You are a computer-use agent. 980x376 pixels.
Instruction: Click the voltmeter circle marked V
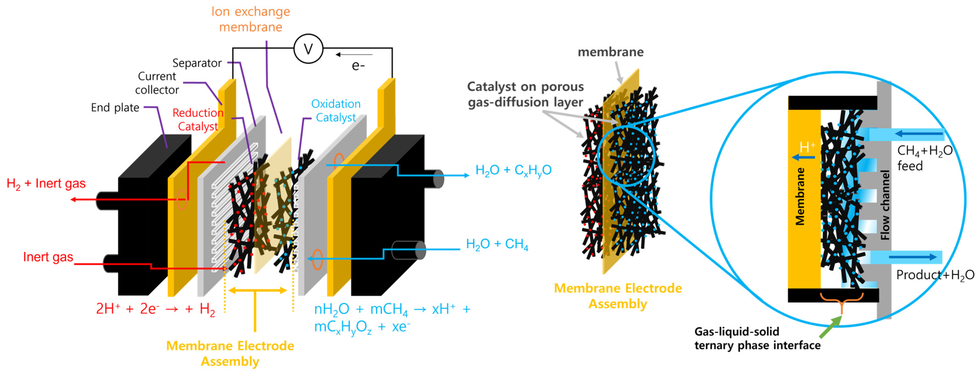(308, 49)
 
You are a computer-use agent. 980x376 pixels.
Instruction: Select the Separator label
(197, 63)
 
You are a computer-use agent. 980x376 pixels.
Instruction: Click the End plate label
(115, 108)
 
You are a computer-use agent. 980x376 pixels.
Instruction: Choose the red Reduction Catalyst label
(198, 120)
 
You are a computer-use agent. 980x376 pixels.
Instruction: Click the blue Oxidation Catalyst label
(335, 110)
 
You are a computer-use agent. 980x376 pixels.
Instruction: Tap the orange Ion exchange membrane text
(250, 19)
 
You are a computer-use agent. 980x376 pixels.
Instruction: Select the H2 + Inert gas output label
(46, 184)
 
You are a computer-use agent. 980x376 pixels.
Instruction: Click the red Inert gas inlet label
(48, 257)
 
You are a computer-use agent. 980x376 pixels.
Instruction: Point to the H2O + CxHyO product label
(513, 170)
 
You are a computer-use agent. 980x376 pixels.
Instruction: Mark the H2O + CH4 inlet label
(497, 244)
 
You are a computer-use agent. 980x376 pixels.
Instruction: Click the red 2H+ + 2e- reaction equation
(155, 309)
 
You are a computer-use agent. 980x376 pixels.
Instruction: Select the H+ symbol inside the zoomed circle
(807, 147)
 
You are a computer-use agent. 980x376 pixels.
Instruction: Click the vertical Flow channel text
(885, 205)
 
